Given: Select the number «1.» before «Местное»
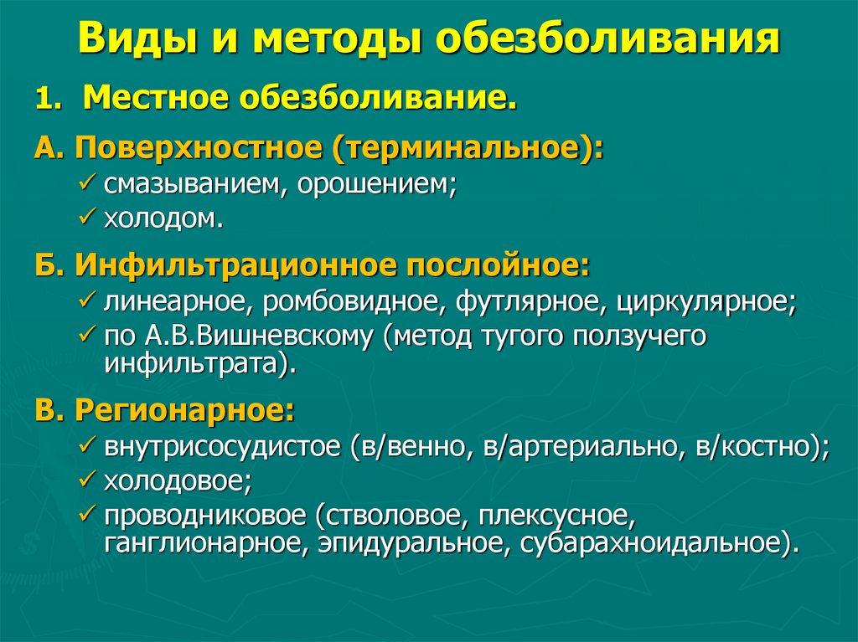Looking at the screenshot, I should (x=50, y=100).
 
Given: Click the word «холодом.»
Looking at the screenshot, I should (x=164, y=219).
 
